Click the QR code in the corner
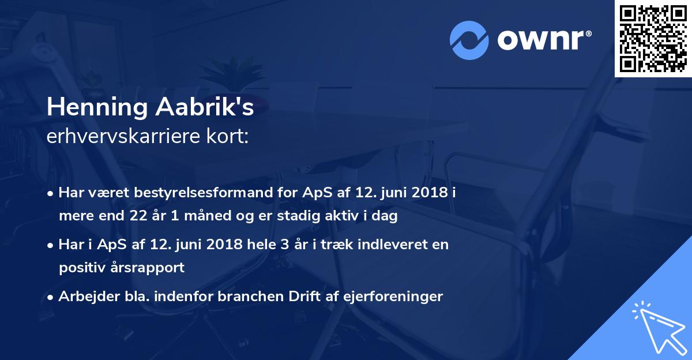point(653,38)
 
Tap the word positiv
point(81,268)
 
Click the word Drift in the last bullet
point(300,297)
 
